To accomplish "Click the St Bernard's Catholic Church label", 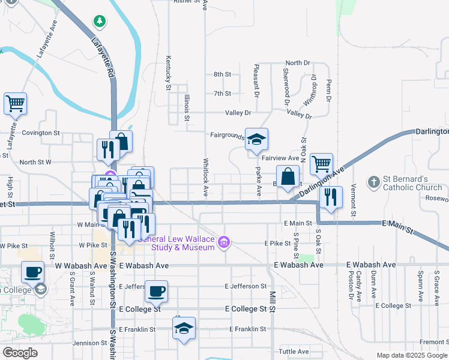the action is pyautogui.click(x=412, y=183).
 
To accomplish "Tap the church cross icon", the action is pyautogui.click(x=373, y=181).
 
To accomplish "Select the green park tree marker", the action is pyautogui.click(x=99, y=22).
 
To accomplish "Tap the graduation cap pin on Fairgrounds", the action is pyautogui.click(x=256, y=140).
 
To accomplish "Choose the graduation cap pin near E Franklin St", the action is pyautogui.click(x=184, y=328).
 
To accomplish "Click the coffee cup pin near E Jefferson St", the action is pyautogui.click(x=157, y=292).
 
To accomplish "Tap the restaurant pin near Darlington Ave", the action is pyautogui.click(x=331, y=197).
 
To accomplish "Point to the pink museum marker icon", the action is pyautogui.click(x=224, y=243).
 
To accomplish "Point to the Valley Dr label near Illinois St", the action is pyautogui.click(x=238, y=113).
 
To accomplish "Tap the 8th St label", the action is pyautogui.click(x=222, y=74).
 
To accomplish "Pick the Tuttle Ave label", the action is pyautogui.click(x=294, y=352).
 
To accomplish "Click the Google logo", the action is pyautogui.click(x=20, y=353).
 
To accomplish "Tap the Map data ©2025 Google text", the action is pyautogui.click(x=412, y=355).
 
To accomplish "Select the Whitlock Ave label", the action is pyautogui.click(x=205, y=178).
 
